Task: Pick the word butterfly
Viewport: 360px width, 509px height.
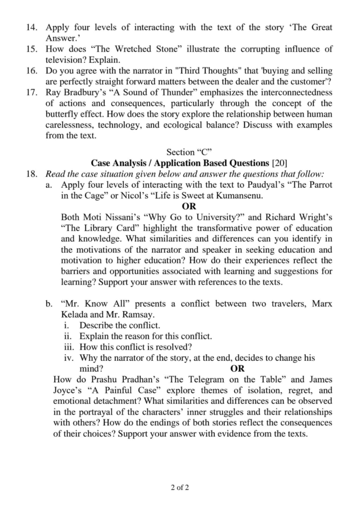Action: (63, 114)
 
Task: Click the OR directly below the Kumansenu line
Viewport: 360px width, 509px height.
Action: (189, 206)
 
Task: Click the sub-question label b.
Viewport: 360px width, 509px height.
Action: (49, 304)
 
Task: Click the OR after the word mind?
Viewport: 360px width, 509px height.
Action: (238, 369)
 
